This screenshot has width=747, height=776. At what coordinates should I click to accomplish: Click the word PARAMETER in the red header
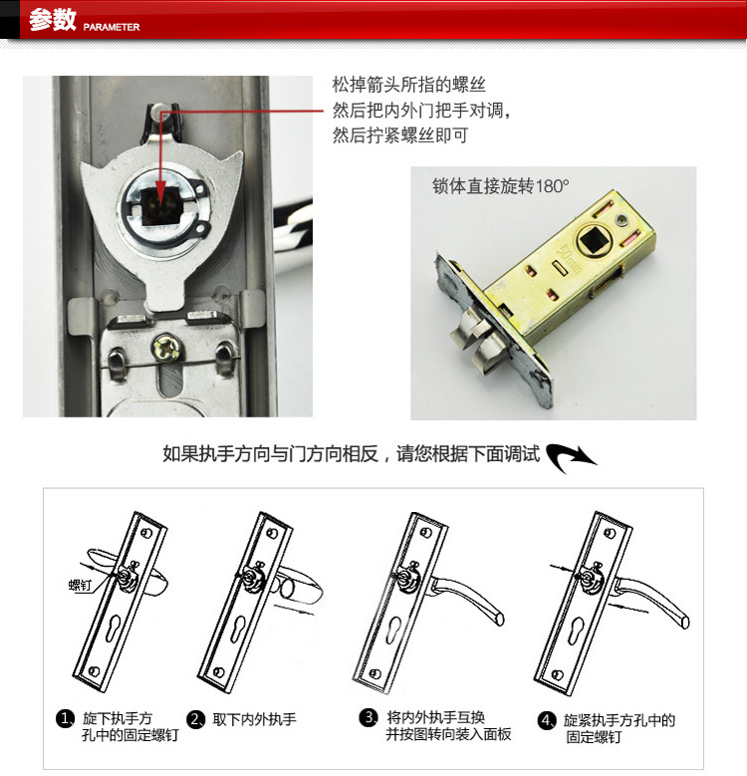coord(112,27)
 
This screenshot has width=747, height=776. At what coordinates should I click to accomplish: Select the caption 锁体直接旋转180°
coord(501,186)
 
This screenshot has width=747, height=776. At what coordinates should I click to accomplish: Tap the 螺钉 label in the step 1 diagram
coord(80,585)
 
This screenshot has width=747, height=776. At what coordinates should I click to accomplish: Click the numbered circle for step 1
coord(66,718)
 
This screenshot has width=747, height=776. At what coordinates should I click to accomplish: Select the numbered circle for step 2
coord(196,719)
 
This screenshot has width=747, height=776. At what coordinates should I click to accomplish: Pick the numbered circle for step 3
coord(369,717)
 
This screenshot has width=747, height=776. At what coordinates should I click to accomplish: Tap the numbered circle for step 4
coord(546,720)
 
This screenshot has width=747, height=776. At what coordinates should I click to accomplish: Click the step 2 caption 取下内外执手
coord(254,719)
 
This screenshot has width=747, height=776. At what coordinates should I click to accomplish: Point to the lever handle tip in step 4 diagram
coord(684,622)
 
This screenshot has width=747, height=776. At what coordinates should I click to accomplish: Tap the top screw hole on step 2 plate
coord(272,533)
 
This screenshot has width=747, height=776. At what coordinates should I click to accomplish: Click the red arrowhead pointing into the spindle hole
coord(159,191)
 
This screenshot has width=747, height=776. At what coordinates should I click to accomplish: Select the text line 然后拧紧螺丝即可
coord(399,135)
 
